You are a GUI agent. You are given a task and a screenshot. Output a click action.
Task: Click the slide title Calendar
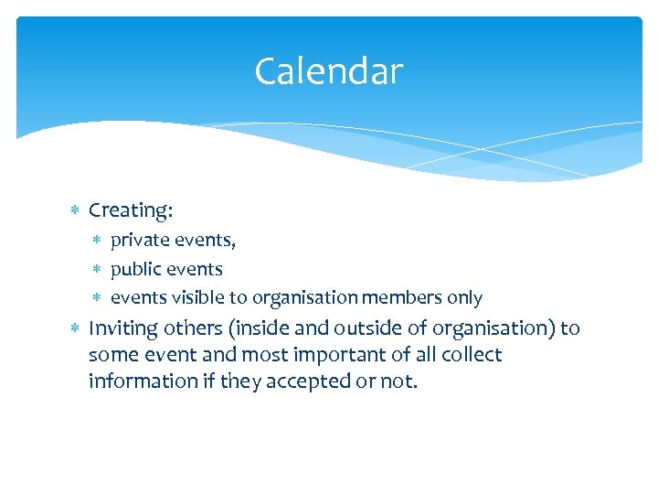328,71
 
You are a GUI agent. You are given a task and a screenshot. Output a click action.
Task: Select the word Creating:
131,210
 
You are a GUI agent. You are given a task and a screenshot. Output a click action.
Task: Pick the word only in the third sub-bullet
464,298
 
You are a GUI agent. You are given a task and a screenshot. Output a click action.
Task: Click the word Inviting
123,328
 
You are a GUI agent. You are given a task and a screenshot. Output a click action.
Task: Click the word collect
470,355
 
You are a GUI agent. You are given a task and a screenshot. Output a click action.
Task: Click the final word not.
398,381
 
